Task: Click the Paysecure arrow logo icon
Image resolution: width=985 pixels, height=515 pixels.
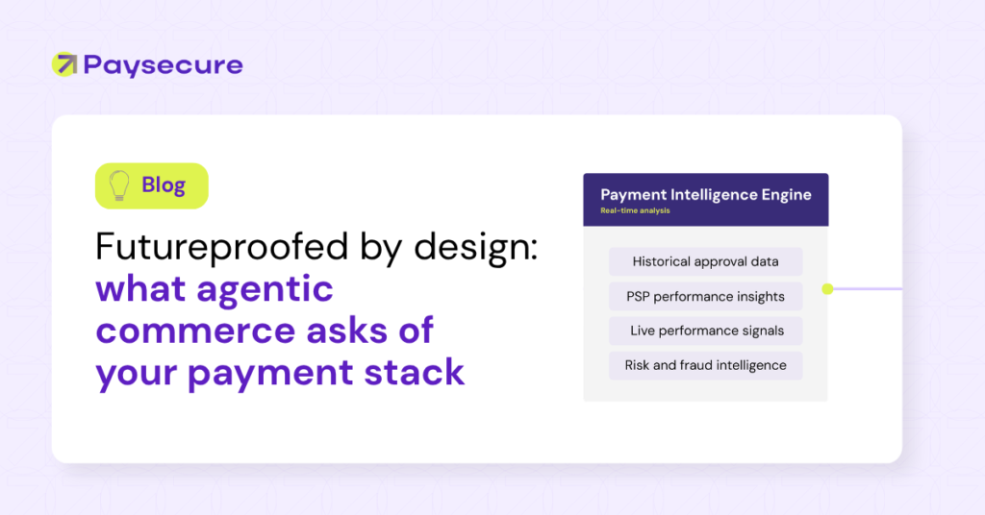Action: coord(64,64)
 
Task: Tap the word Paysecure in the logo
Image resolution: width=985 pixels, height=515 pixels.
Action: coord(163,66)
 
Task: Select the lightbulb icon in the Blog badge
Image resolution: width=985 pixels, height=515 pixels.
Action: coord(118,185)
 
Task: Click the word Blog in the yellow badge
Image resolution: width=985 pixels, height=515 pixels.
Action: coord(164,185)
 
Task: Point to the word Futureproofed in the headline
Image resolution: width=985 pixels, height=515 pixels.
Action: coord(222,247)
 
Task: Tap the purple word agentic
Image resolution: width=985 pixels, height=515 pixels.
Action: coord(265,290)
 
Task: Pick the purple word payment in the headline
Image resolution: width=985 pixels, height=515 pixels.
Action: coord(270,374)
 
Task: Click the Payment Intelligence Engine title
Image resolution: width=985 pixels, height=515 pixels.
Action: coord(705,194)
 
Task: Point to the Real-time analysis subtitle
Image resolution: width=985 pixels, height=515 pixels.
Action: coord(635,210)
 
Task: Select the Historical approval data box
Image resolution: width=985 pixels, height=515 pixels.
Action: coord(705,261)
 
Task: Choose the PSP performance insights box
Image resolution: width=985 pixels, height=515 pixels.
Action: coord(705,296)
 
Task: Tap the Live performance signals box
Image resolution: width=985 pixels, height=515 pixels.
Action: coord(705,331)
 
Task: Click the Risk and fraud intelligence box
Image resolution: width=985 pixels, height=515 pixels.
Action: coord(705,365)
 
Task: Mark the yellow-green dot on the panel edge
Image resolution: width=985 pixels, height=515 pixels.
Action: coord(827,289)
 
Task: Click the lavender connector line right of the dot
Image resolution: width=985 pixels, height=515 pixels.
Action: coord(868,289)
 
